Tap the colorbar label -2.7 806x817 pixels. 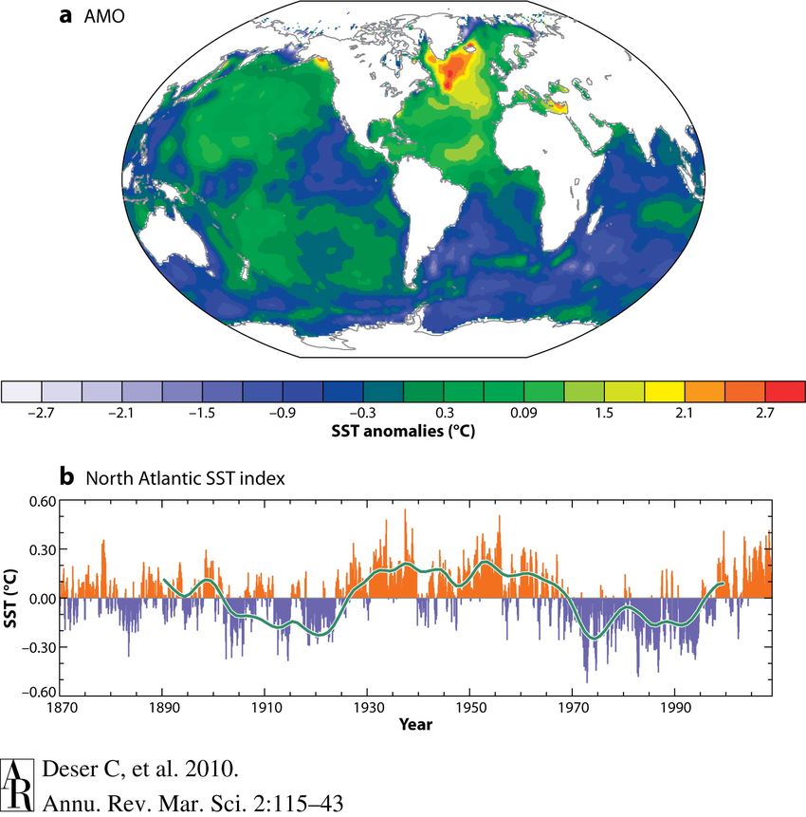pos(42,414)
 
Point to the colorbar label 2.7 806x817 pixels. pos(765,414)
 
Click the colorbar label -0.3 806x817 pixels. pos(363,414)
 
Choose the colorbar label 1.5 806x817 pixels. pos(604,414)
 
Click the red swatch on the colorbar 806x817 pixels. pos(785,392)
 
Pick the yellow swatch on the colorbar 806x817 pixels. pos(665,392)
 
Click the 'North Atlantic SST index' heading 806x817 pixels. pos(186,478)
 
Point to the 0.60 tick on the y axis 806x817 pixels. pos(42,500)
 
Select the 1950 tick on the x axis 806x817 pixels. pos(470,708)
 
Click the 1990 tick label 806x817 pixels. pos(675,708)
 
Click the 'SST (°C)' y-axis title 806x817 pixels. pos(12,598)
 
